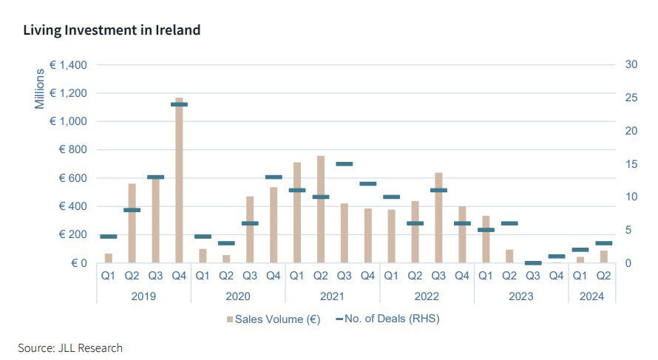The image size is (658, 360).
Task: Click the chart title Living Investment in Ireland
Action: (112, 30)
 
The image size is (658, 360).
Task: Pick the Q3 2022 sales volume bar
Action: (438, 218)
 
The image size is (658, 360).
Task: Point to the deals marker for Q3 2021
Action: (344, 164)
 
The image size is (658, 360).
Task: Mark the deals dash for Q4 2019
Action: (179, 104)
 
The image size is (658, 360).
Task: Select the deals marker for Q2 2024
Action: (604, 243)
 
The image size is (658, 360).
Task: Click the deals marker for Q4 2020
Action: (274, 177)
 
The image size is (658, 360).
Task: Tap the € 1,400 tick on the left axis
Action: (68, 65)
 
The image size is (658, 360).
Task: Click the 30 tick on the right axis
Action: (631, 65)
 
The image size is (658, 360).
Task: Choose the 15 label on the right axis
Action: (631, 164)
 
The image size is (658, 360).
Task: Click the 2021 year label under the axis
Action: (332, 296)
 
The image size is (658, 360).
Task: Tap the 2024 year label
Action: (592, 296)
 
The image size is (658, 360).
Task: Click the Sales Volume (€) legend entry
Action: (274, 319)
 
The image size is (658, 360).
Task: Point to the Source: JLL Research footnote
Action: (70, 347)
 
